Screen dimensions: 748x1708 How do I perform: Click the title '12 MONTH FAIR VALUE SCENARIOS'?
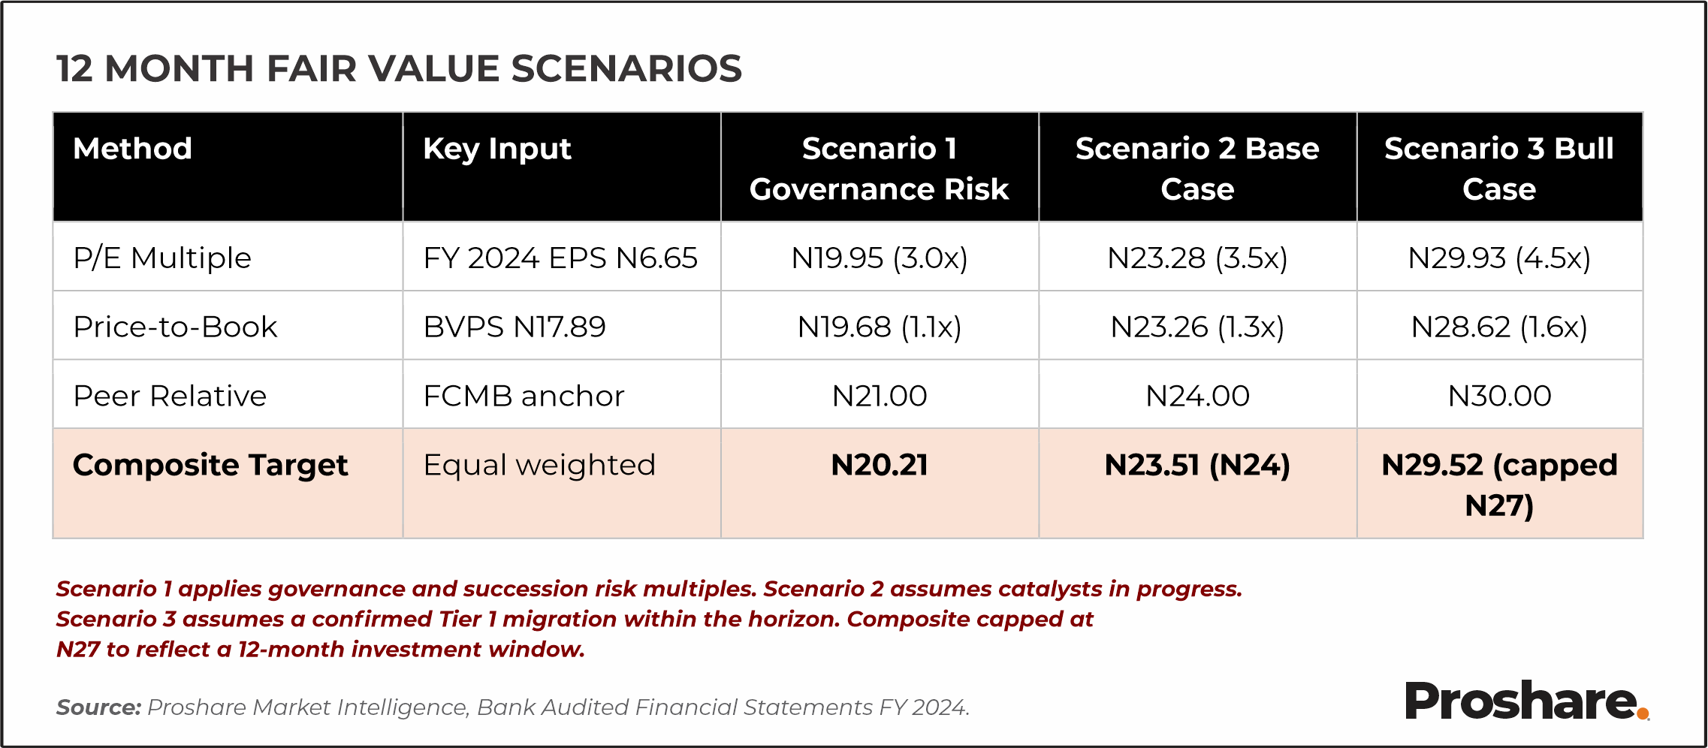(x=399, y=69)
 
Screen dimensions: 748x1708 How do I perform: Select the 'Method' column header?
(x=133, y=149)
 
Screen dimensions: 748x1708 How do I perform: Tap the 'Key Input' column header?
(x=497, y=149)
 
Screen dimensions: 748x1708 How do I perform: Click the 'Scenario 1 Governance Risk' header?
(x=879, y=168)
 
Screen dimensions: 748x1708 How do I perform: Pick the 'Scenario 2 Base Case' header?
(x=1197, y=168)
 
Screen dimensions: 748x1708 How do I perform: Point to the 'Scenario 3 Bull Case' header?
(x=1499, y=168)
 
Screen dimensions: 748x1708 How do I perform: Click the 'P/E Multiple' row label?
(x=162, y=258)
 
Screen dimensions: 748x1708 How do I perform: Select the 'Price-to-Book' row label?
(x=175, y=327)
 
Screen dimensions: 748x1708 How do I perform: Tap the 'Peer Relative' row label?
(x=170, y=396)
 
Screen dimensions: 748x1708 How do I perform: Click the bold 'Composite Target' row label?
(x=210, y=465)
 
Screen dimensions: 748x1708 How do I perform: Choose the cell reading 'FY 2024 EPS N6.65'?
(x=560, y=258)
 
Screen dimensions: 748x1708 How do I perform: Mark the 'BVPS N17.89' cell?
(x=515, y=327)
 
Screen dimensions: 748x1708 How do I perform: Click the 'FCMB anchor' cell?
(x=524, y=396)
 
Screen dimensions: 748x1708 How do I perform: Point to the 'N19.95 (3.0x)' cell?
(x=879, y=258)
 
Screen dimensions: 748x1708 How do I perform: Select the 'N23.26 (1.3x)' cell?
(x=1197, y=327)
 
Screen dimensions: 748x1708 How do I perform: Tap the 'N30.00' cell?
(x=1499, y=396)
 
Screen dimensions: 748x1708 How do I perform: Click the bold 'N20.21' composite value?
(x=879, y=465)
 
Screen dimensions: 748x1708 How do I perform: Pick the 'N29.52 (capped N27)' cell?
(x=1499, y=485)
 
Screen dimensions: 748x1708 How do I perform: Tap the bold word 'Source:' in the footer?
(x=98, y=707)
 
